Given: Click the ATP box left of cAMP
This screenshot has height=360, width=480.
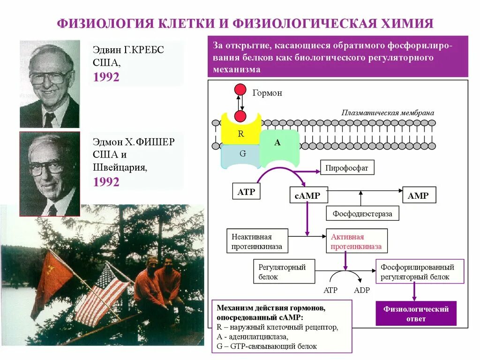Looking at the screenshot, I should click(x=246, y=191).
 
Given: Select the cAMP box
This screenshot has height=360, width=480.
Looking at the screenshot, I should click(x=307, y=195).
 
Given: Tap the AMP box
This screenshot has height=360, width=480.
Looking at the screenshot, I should click(x=419, y=195).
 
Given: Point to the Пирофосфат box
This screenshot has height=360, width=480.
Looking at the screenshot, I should click(x=347, y=167).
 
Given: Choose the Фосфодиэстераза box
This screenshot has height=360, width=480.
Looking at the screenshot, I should click(x=362, y=213).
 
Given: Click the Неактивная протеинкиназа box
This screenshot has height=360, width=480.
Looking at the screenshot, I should click(x=257, y=241).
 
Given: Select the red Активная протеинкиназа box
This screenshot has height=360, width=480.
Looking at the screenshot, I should click(x=356, y=241).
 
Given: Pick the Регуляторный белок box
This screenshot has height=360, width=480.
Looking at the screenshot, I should click(x=284, y=271).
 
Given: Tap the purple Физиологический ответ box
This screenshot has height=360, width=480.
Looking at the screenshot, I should click(x=416, y=314).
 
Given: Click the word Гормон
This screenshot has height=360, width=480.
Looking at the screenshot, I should click(x=267, y=93).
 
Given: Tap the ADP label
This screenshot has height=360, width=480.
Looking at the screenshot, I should click(x=361, y=290).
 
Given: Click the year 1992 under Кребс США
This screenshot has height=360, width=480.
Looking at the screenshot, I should click(x=106, y=77).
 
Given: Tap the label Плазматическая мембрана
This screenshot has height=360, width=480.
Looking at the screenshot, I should click(x=388, y=112).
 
